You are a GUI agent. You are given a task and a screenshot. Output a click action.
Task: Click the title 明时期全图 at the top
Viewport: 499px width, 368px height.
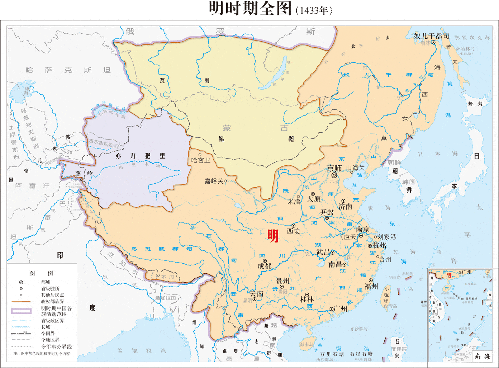[x=250, y=9]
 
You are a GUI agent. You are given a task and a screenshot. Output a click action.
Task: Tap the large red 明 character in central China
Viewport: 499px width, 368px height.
[x=273, y=236]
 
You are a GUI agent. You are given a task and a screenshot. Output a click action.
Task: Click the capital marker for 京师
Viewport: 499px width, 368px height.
[x=334, y=175]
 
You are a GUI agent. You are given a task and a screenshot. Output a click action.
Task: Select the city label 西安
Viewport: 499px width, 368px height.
[x=294, y=231]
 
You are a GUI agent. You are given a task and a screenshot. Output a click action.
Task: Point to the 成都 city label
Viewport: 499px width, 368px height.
[x=265, y=266]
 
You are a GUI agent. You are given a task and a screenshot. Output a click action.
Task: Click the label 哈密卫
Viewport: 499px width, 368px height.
[x=200, y=160]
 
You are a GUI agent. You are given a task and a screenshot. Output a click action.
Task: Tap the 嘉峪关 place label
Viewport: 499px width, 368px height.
[x=214, y=181]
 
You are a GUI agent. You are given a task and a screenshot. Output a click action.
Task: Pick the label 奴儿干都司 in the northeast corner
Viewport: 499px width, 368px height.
[x=431, y=36]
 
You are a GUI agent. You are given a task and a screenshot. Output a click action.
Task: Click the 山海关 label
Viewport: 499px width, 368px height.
[x=355, y=168]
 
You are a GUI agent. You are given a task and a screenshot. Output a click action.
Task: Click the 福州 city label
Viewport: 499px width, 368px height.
[x=371, y=286]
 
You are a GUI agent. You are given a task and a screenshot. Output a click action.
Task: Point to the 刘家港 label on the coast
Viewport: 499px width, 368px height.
[x=386, y=237]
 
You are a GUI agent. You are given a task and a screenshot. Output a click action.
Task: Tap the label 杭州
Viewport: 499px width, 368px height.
[x=380, y=246]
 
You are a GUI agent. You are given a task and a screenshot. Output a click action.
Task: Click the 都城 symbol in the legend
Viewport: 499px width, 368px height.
[x=21, y=282]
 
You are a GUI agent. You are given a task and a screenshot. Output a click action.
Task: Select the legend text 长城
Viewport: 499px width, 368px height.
[x=46, y=327]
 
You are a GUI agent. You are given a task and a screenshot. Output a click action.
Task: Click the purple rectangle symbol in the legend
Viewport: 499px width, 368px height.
[x=21, y=311]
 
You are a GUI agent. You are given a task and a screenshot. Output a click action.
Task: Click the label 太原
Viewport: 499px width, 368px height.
[x=313, y=199]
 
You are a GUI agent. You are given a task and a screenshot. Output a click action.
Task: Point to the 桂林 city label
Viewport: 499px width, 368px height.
[x=307, y=299]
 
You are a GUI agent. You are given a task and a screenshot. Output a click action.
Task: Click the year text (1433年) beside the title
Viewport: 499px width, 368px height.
[x=314, y=10]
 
